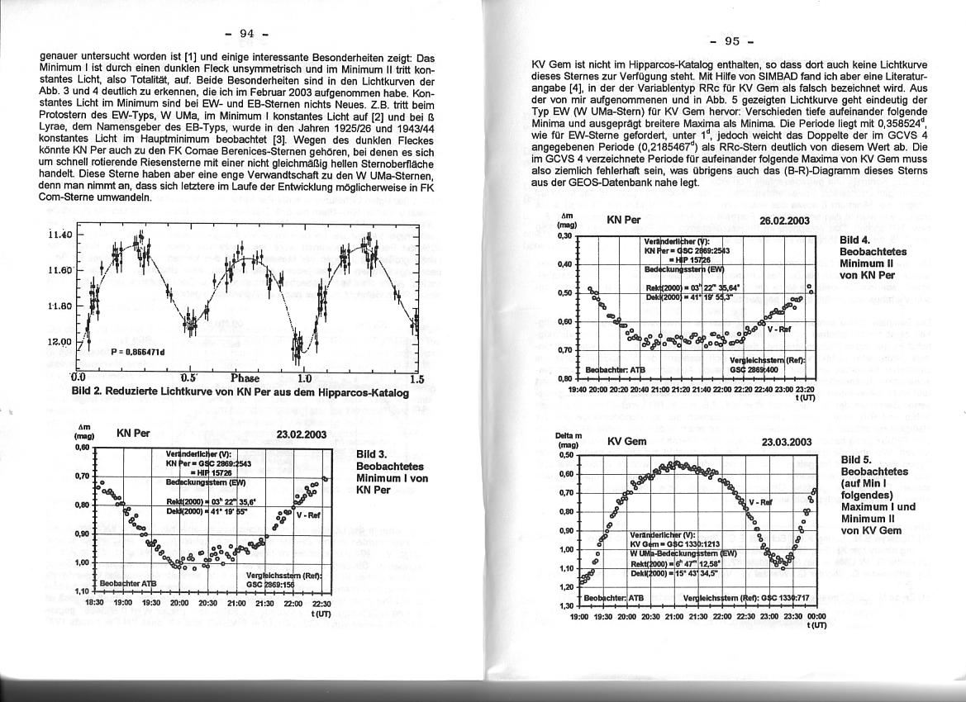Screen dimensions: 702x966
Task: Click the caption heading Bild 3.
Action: [371, 454]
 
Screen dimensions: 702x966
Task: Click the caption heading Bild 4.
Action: [855, 240]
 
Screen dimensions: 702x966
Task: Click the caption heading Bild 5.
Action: [856, 459]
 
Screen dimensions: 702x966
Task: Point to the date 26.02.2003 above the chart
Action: [784, 221]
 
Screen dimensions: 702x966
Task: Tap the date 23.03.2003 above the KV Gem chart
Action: [787, 442]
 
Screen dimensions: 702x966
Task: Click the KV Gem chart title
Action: [626, 442]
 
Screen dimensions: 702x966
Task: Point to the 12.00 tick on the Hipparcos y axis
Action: [61, 341]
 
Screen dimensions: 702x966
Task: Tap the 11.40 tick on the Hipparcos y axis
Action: [61, 235]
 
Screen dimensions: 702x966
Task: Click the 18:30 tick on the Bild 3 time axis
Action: [94, 604]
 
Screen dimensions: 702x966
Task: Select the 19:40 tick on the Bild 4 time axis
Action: [578, 389]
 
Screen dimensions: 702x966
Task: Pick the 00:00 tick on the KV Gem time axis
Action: [816, 616]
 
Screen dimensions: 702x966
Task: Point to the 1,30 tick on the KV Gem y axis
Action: [567, 606]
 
